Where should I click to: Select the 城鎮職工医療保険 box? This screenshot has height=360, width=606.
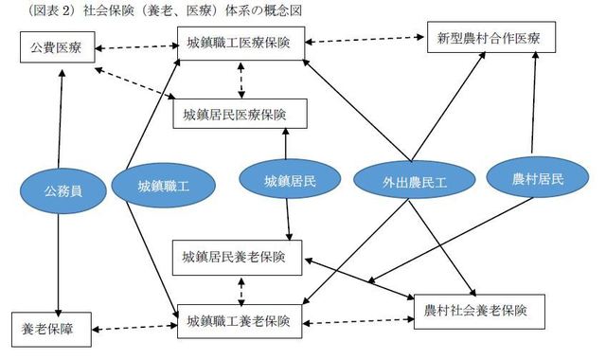point(245,42)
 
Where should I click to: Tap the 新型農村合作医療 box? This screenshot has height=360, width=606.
point(489,39)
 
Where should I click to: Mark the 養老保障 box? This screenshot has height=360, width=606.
point(48,331)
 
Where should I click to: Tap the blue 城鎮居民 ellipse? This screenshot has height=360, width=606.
point(289,180)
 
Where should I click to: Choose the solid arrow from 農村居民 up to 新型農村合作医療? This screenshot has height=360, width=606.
point(536,104)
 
